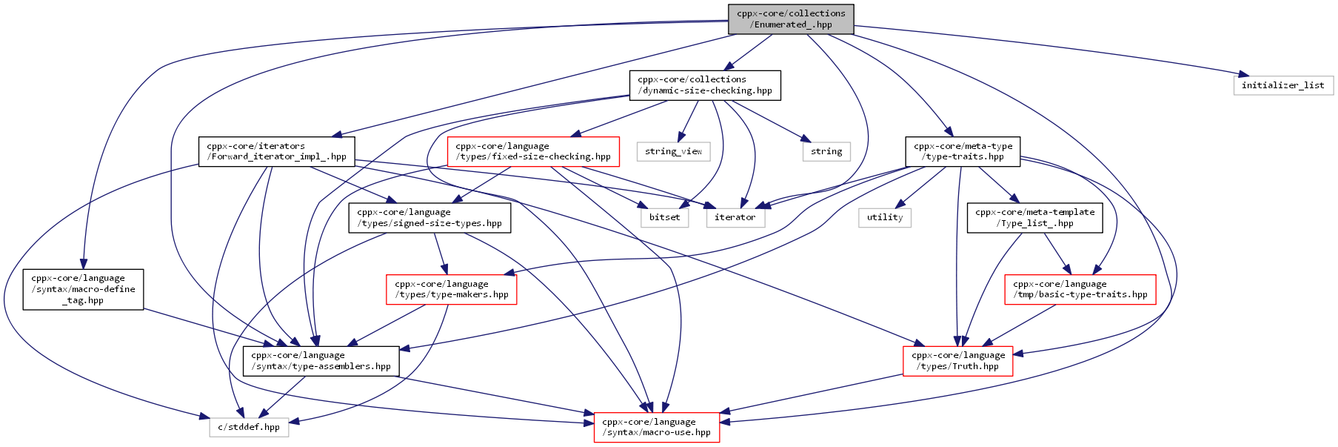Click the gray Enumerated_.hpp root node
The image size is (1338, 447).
pyautogui.click(x=791, y=19)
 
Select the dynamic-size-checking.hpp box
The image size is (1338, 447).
pyautogui.click(x=705, y=85)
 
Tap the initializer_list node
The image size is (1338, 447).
pyautogui.click(x=1283, y=85)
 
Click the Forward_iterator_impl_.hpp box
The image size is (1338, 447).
pyautogui.click(x=276, y=151)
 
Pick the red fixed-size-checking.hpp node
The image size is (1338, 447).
pyautogui.click(x=533, y=151)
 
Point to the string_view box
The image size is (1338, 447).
pyautogui.click(x=673, y=151)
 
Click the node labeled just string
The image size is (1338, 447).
pyautogui.click(x=826, y=151)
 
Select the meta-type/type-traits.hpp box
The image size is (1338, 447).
pyautogui.click(x=963, y=151)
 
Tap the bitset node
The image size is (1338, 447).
pyautogui.click(x=664, y=217)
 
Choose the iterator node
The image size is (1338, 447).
pyautogui.click(x=735, y=217)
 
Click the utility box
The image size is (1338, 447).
pyautogui.click(x=885, y=217)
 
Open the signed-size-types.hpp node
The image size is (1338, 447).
pyautogui.click(x=429, y=217)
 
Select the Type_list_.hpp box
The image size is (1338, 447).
pyautogui.click(x=1034, y=217)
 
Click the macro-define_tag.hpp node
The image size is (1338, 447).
pyautogui.click(x=83, y=289)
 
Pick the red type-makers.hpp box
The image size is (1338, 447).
pyautogui.click(x=452, y=289)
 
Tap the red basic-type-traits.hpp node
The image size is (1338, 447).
pyautogui.click(x=1080, y=289)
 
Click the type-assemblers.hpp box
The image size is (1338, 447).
pyautogui.click(x=321, y=361)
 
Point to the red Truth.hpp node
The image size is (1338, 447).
pyautogui.click(x=958, y=361)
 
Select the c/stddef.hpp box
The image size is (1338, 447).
pyautogui.click(x=249, y=427)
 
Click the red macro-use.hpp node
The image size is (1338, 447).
pyautogui.click(x=657, y=427)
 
